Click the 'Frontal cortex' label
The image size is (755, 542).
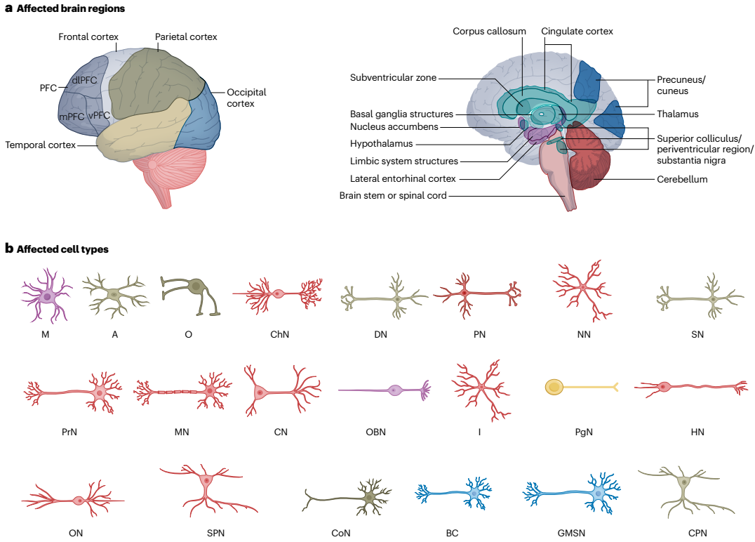(x=88, y=37)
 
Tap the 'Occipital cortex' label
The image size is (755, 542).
(x=246, y=98)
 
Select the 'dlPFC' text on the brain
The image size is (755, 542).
(x=84, y=81)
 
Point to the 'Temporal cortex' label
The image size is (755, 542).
(x=41, y=145)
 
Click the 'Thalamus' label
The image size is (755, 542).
(x=678, y=114)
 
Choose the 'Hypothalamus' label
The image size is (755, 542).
(x=381, y=143)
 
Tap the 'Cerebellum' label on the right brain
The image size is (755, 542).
(x=682, y=179)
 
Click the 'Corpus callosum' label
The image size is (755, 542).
(x=489, y=32)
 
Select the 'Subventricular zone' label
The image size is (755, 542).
(x=393, y=77)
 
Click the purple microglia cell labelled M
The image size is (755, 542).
(x=47, y=296)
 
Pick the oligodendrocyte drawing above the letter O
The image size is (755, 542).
(x=191, y=295)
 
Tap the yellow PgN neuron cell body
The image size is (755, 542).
(x=554, y=387)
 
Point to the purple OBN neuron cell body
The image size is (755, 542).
(x=395, y=390)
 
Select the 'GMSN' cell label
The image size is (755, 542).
(x=571, y=534)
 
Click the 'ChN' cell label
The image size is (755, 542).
(x=279, y=334)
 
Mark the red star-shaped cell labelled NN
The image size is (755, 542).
(x=582, y=291)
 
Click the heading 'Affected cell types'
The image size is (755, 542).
(x=62, y=249)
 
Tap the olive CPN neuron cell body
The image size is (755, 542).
(x=683, y=482)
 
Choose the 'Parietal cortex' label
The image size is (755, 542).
(x=186, y=37)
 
